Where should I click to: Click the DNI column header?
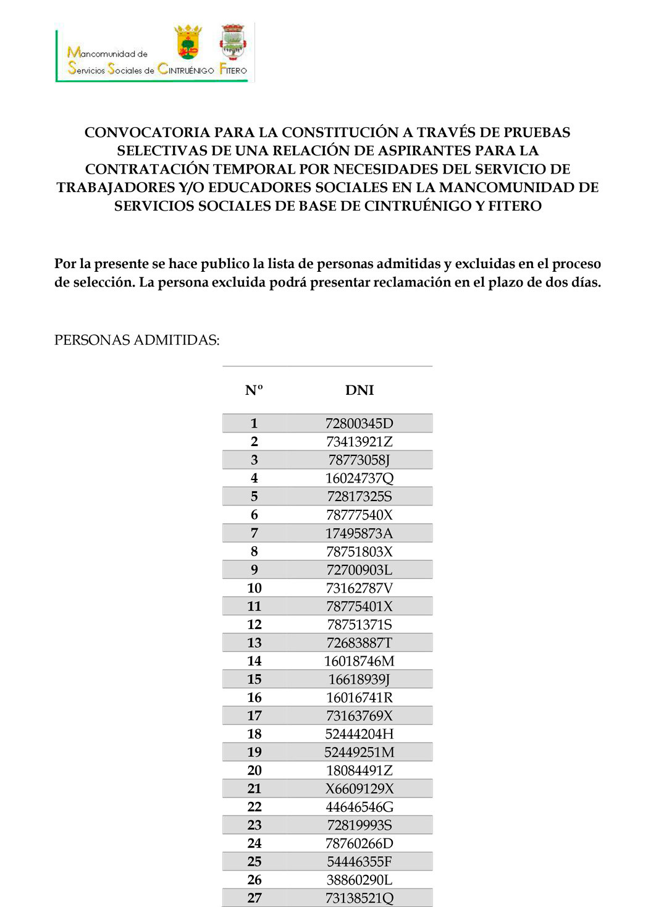point(360,390)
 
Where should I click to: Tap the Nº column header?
point(254,390)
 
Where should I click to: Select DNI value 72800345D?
point(359,423)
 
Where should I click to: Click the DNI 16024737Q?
point(359,478)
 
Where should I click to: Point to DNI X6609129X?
point(359,788)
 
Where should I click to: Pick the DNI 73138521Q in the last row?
point(359,898)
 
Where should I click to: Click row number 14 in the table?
point(254,661)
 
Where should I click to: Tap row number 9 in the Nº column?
point(254,570)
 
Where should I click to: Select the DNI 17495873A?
point(359,533)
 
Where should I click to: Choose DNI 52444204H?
point(359,734)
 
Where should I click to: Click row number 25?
point(254,861)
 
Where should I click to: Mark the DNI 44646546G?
point(359,807)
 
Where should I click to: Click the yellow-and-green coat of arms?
point(188,41)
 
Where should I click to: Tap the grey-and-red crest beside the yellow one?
point(233,41)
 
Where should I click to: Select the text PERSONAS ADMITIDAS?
point(137,340)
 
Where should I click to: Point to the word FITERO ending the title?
point(515,206)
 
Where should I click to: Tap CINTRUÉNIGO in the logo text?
point(186,70)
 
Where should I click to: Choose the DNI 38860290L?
point(359,880)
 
